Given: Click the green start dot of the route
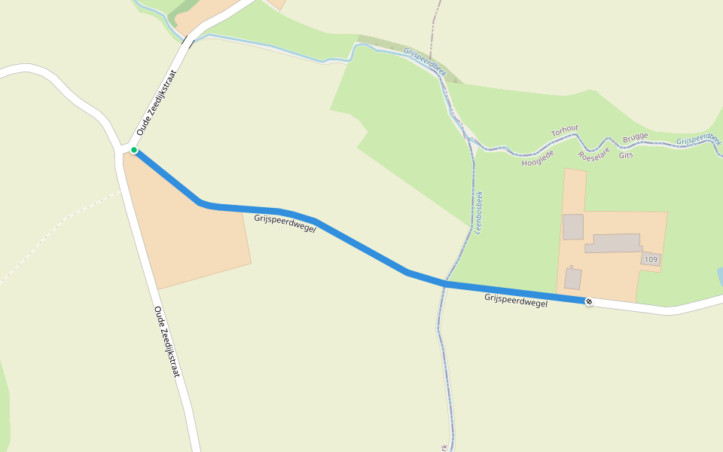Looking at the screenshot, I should click(134, 151).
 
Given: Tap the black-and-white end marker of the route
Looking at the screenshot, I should click(589, 302).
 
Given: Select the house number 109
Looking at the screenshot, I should click(651, 260).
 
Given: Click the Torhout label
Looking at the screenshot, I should click(565, 131).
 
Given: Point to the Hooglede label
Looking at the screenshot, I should click(538, 157).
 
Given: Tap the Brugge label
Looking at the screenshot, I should click(635, 140).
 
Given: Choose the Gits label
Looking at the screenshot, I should click(626, 155).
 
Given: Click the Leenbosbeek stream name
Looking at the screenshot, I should click(478, 212).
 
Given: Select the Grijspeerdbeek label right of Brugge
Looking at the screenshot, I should click(698, 140).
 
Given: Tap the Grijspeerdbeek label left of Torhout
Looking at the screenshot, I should click(425, 63).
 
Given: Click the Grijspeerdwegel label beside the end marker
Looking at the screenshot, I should click(516, 300).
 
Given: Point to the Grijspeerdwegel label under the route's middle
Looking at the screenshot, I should click(285, 223).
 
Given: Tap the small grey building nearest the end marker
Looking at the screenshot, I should click(573, 278).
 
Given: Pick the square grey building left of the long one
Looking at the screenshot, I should click(573, 227).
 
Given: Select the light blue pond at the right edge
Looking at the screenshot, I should click(720, 276).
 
